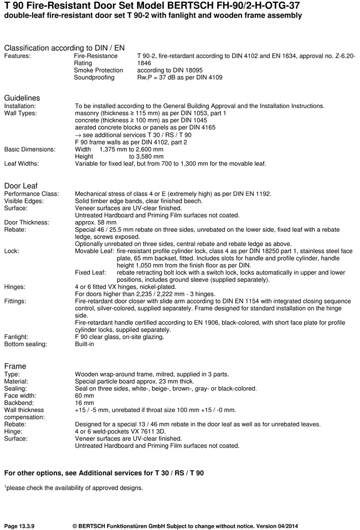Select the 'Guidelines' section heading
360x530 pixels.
(x=22, y=98)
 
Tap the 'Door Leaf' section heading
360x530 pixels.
(x=21, y=186)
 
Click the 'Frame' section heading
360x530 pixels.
(x=15, y=366)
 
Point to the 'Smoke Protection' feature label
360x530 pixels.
(x=99, y=70)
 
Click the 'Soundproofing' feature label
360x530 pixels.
(x=94, y=78)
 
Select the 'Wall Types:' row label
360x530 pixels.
(x=20, y=113)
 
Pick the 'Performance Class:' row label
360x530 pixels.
(x=31, y=194)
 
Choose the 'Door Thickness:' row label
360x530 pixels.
(x=28, y=223)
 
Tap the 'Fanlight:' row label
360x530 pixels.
(x=18, y=337)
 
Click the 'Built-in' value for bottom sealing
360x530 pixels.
(x=85, y=344)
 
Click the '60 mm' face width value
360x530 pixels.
(x=83, y=395)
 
